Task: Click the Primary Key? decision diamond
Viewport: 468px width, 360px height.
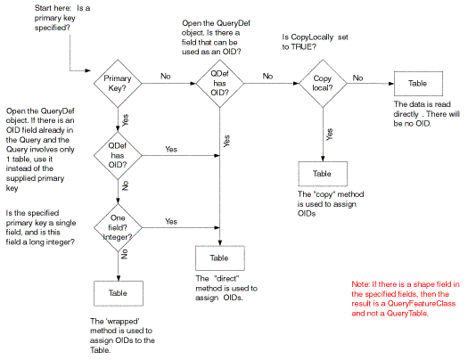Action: [118, 83]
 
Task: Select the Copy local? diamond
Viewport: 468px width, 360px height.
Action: [323, 83]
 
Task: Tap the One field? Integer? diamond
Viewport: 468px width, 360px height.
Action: [118, 227]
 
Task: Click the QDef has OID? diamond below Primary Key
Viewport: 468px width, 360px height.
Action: [118, 155]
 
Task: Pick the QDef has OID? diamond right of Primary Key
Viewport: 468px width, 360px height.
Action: [219, 83]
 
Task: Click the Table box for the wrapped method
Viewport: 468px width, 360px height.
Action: [119, 293]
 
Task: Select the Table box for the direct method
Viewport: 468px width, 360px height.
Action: [220, 258]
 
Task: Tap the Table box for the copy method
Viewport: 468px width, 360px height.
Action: [323, 174]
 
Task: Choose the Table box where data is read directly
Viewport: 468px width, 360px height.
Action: [418, 84]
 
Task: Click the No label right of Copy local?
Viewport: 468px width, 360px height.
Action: [357, 78]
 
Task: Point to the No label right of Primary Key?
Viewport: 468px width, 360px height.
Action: [166, 76]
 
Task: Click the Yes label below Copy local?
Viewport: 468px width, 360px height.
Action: [330, 135]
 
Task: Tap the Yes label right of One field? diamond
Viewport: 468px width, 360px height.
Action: [171, 221]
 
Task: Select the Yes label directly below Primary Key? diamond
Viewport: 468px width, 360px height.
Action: [126, 120]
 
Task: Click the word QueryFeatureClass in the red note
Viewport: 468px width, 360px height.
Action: [422, 304]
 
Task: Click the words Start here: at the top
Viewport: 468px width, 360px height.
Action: [53, 8]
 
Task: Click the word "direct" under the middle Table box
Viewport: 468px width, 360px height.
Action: [226, 279]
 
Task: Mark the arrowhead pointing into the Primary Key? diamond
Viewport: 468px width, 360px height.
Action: [87, 70]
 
